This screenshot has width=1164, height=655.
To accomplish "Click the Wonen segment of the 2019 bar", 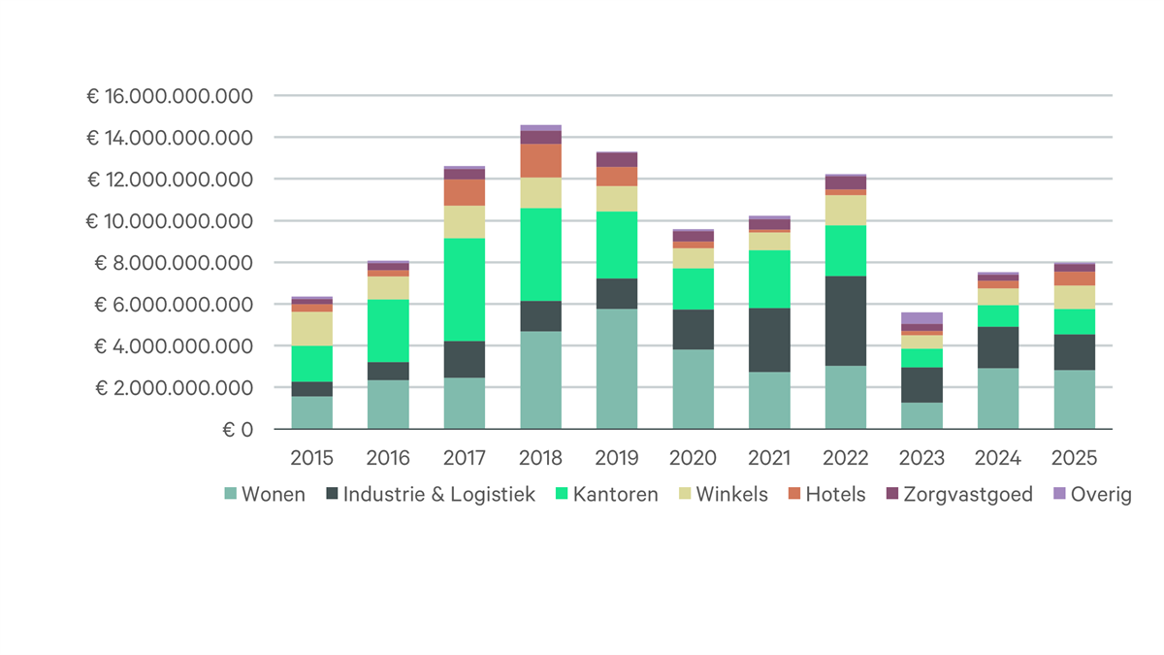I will click(617, 369).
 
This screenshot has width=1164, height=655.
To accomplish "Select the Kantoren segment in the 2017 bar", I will click(465, 289).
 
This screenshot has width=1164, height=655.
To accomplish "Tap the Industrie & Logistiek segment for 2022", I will click(846, 320).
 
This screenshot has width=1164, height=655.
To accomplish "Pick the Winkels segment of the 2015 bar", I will click(311, 328).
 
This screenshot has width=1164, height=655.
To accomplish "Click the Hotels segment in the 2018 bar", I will click(540, 161).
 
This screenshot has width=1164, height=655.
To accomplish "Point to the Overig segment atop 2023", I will click(921, 318).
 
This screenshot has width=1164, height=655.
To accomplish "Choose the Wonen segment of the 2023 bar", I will click(921, 415).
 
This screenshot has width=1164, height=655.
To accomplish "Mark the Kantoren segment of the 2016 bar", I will click(388, 330).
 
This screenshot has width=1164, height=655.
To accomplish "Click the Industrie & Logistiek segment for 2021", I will click(769, 340).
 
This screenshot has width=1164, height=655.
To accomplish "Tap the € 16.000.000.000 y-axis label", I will click(169, 97).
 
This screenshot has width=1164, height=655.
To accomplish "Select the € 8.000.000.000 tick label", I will click(174, 263).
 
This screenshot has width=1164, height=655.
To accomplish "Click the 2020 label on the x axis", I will click(693, 458).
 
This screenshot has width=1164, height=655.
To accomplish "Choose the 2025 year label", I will click(1074, 458).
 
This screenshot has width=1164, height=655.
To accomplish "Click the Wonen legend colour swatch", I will click(231, 495).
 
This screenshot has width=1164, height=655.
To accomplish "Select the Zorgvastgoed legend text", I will click(968, 495).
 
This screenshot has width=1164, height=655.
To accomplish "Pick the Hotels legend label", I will click(835, 495).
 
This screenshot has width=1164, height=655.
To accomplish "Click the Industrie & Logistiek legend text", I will click(439, 495).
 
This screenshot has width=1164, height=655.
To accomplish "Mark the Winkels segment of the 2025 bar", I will click(1074, 297).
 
